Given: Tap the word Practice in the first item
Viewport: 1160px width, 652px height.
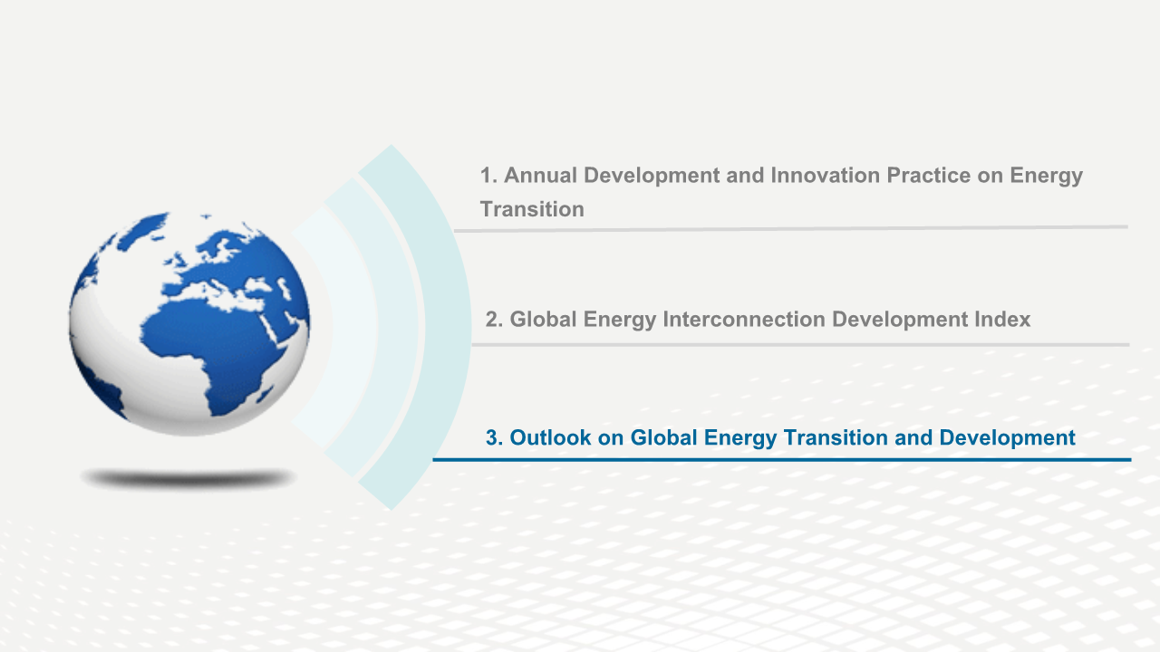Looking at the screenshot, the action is (x=929, y=176).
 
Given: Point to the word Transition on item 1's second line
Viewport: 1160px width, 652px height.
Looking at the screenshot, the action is (x=532, y=209).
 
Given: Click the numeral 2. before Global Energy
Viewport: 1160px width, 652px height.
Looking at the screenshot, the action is (x=495, y=320).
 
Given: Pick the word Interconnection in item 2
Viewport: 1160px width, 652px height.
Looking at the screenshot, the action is (x=743, y=320).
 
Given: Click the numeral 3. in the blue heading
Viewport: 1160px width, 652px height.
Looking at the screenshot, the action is (x=495, y=437).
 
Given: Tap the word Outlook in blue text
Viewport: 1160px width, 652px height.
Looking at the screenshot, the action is (x=550, y=437).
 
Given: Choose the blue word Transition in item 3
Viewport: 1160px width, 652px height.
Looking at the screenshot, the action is (x=836, y=437).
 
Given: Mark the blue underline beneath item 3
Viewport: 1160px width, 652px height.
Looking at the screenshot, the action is (x=782, y=459).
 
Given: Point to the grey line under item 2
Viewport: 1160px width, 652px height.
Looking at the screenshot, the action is (x=800, y=345).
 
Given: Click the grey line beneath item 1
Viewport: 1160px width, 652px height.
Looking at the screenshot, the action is (x=791, y=229).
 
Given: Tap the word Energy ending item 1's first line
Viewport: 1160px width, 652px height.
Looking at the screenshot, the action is (x=1046, y=177).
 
